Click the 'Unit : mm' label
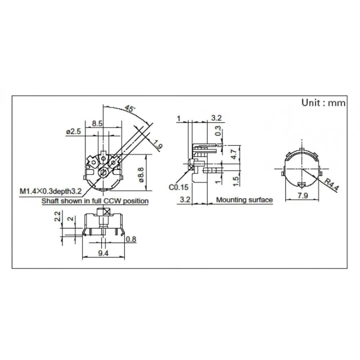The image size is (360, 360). (323, 103)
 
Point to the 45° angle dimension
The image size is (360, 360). (130, 108)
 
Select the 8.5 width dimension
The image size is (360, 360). (97, 123)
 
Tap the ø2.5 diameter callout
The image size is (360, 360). (73, 132)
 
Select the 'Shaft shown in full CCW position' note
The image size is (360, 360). (95, 201)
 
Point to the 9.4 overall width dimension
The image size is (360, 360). (104, 253)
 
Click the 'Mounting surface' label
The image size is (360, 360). (244, 200)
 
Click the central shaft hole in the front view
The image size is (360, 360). (104, 173)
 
